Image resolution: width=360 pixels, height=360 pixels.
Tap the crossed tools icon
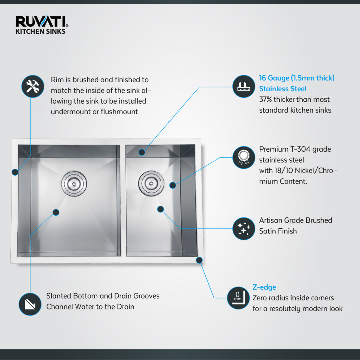33,86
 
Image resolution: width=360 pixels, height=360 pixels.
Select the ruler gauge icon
244,86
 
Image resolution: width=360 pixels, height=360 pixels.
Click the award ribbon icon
244,157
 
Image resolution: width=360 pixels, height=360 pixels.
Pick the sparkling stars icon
244,229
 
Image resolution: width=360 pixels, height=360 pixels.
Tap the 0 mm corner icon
238,298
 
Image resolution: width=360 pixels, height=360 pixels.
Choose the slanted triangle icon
30,304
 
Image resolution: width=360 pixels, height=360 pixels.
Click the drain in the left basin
74,183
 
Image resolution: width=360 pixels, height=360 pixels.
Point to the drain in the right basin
151,183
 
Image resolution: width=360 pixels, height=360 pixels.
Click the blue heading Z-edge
264,287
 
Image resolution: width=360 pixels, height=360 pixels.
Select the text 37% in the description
265,99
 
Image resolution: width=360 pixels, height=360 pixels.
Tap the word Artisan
271,220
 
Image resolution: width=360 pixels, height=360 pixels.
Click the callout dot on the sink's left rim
15,172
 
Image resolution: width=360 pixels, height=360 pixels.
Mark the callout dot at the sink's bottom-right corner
199,260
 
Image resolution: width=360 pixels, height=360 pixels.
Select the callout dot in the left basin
56,212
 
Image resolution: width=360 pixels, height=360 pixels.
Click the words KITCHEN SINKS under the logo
40,31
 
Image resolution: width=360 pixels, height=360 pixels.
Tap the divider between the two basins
123,201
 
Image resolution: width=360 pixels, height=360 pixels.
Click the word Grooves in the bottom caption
146,296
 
